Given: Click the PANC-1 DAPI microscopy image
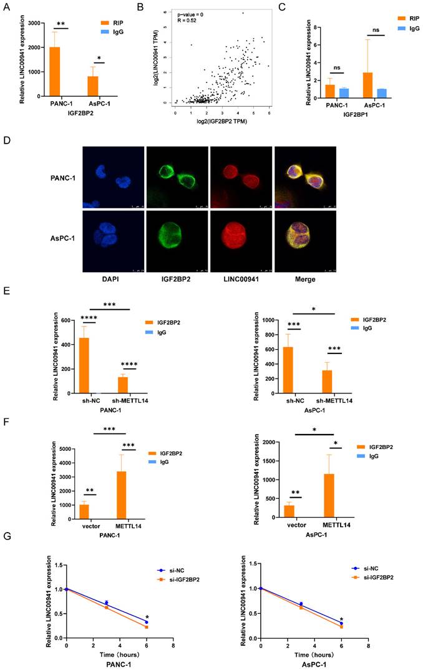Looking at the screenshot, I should (113, 177).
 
